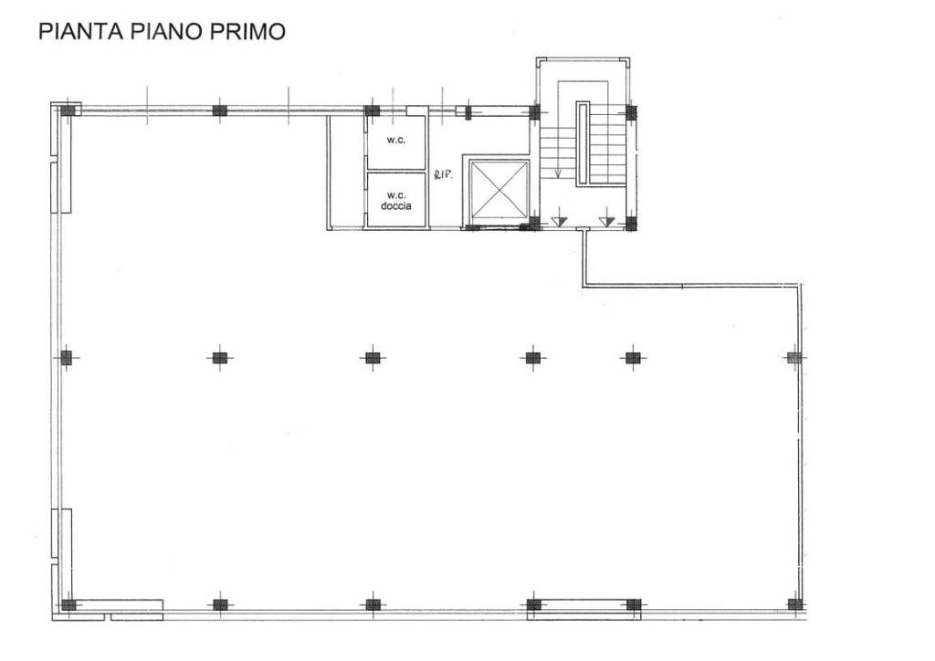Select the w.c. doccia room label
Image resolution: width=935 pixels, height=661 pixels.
(395, 200)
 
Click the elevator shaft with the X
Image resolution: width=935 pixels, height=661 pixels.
(498, 189)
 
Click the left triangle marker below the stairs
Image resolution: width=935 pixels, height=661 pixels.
(561, 221)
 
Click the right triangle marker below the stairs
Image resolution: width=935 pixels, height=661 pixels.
(604, 221)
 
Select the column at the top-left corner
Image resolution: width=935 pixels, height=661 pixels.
(68, 110)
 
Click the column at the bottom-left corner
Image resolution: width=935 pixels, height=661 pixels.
(68, 604)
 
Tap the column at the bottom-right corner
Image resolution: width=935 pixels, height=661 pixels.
(794, 604)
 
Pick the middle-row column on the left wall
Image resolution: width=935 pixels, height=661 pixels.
(67, 358)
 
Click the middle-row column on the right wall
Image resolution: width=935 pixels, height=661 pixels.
(793, 358)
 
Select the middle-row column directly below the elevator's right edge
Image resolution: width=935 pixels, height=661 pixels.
(533, 358)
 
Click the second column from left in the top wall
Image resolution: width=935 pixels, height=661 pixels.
(219, 110)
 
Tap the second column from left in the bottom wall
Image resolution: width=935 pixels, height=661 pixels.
(219, 604)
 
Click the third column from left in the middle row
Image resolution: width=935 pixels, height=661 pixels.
(372, 358)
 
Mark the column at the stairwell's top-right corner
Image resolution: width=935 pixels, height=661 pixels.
(631, 113)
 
